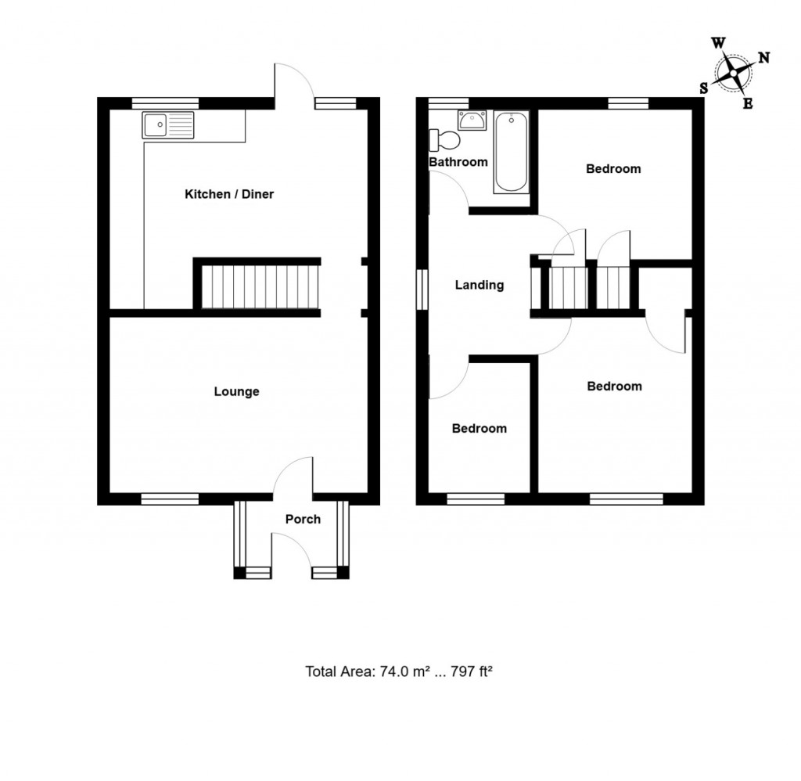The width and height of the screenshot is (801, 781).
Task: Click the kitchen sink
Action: tap(168, 125)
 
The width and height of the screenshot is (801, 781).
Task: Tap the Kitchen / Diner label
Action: tap(228, 194)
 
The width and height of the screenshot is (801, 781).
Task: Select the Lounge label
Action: tap(236, 392)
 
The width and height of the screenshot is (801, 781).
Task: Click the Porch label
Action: tap(303, 519)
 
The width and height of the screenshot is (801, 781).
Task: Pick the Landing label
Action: tap(480, 286)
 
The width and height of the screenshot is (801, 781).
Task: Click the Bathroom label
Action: tap(458, 163)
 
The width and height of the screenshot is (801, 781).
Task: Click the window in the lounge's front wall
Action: tap(170, 498)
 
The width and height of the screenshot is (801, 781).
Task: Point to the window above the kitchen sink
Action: tap(165, 103)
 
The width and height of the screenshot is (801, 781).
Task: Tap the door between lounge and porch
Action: tap(294, 477)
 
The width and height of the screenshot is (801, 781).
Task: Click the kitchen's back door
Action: tap(293, 83)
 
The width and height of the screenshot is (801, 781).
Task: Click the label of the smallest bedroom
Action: tap(480, 429)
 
